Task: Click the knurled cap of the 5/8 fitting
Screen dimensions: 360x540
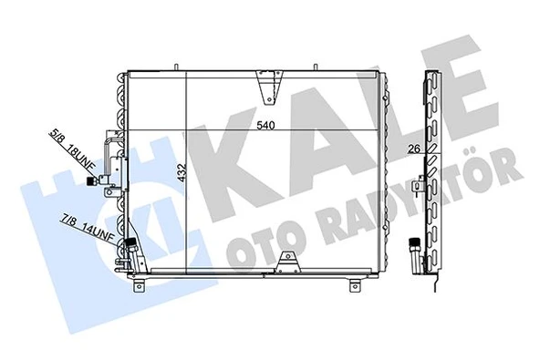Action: tap(92, 183)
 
